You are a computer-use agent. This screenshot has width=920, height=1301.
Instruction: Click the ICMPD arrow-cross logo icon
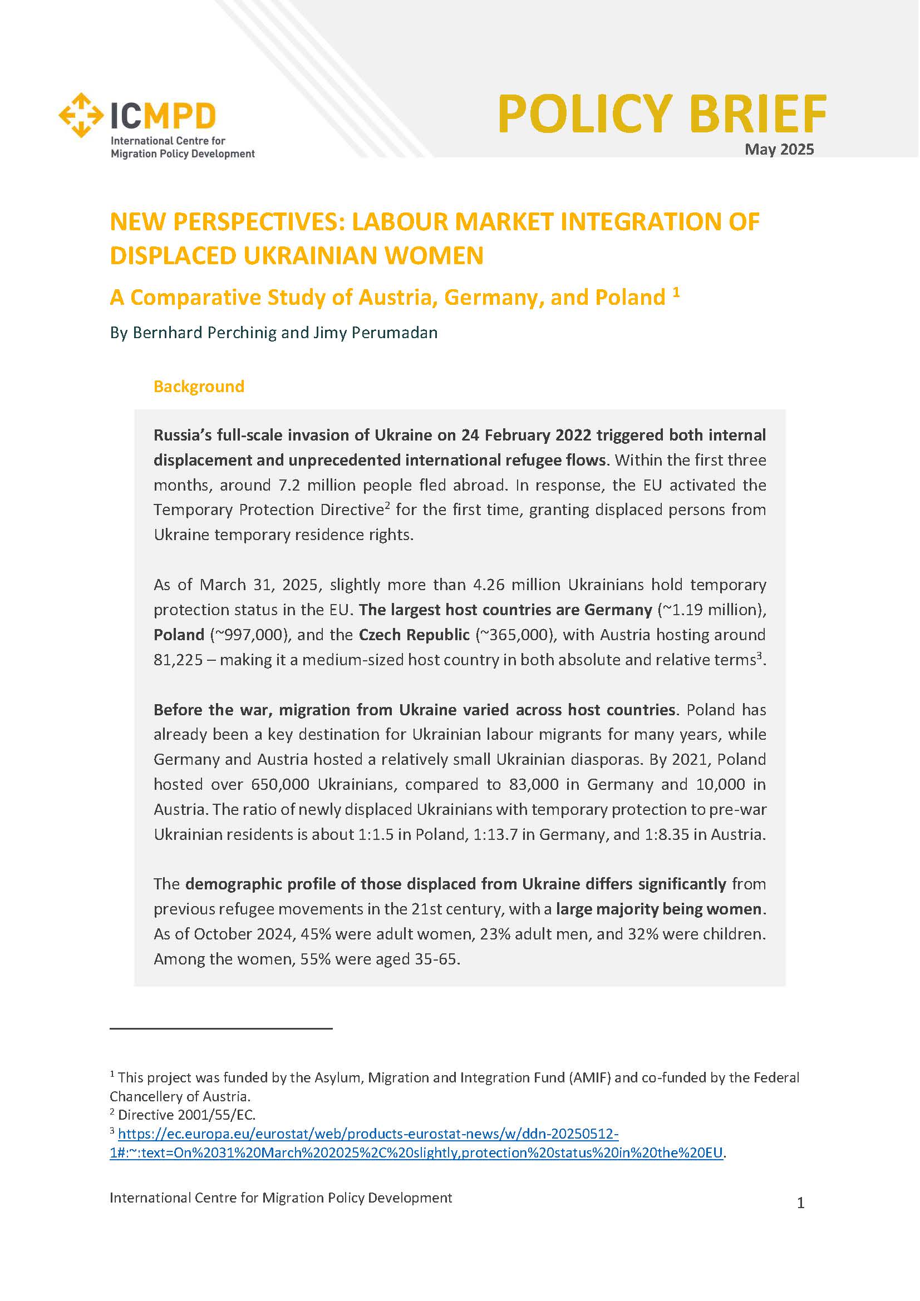(81, 115)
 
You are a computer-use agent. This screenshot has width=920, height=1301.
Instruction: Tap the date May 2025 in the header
(779, 150)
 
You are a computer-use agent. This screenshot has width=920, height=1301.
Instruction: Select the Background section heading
(198, 387)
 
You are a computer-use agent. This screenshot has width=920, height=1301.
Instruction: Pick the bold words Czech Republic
(414, 635)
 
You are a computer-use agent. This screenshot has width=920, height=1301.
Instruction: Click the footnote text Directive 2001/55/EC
(186, 1115)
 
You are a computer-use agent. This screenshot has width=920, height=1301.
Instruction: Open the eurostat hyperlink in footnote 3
(368, 1134)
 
